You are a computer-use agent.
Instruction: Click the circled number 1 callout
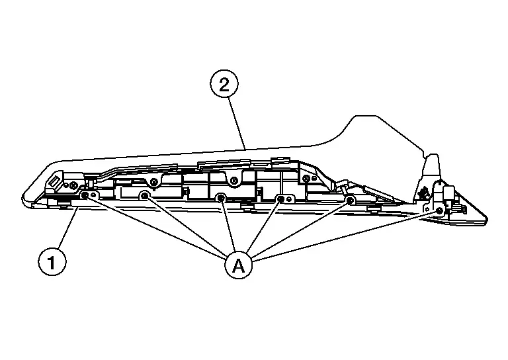pos(52,262)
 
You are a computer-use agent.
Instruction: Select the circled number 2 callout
pos(224,84)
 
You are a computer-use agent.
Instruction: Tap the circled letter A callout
pos(238,265)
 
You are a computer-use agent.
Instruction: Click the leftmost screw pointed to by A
pos(85,195)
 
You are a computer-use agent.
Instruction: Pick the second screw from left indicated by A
pos(144,195)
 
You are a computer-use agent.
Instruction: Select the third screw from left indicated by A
pos(222,197)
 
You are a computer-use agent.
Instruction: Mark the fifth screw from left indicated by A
pos(349,200)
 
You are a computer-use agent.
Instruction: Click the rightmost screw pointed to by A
pos(439,210)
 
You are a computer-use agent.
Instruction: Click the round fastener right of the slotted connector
pos(73,185)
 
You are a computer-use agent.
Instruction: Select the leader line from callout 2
pos(237,123)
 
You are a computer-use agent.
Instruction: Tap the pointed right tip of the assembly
pos(487,220)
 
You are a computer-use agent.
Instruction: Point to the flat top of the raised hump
pos(366,116)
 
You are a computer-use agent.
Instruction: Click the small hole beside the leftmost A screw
pos(94,195)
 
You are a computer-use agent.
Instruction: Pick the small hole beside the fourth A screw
pos(288,199)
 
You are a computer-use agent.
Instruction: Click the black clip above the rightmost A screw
pos(423,194)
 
